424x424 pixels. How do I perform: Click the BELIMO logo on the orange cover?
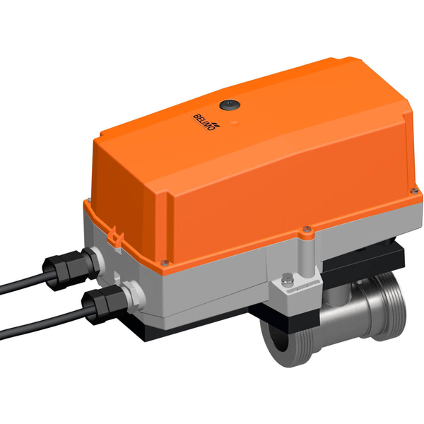pyautogui.click(x=206, y=118)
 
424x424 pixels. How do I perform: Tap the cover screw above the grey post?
pyautogui.click(x=306, y=228)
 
